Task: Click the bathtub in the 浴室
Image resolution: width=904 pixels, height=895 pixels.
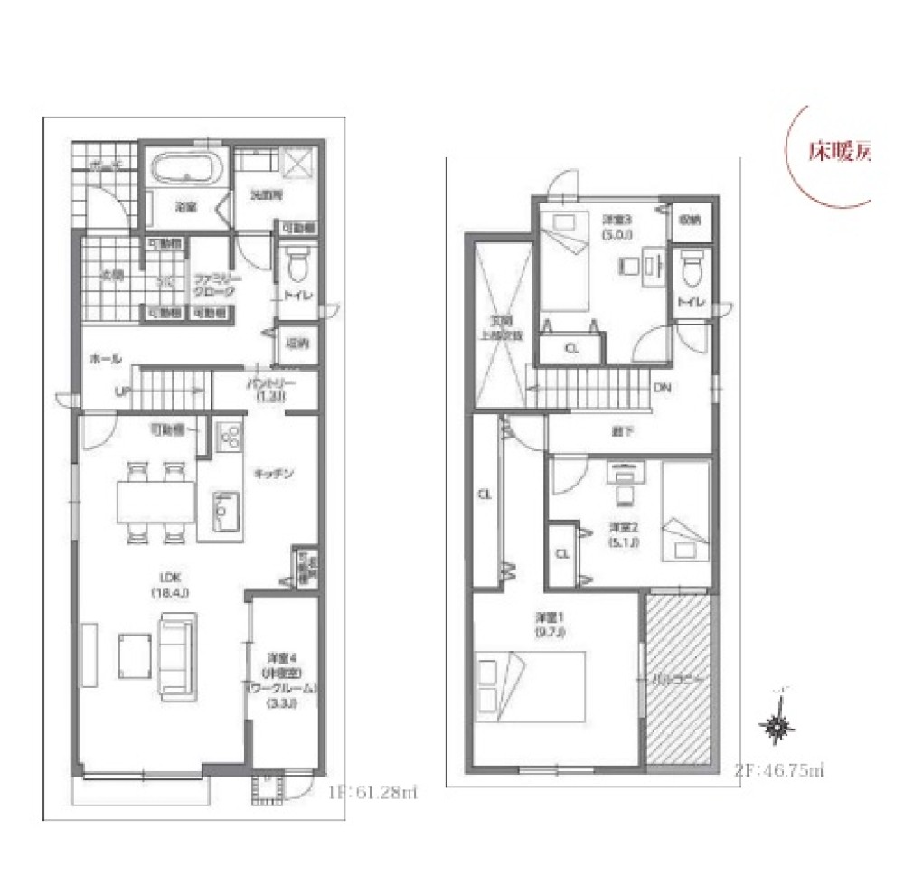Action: (188, 170)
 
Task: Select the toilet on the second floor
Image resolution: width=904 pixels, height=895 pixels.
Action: (693, 268)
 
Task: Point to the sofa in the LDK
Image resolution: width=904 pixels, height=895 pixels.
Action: (177, 655)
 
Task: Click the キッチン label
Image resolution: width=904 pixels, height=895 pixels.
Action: (271, 473)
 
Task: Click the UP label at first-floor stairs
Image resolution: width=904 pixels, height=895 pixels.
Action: (120, 391)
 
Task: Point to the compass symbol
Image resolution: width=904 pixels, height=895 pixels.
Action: (778, 724)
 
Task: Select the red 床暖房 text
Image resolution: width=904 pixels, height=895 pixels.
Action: (837, 153)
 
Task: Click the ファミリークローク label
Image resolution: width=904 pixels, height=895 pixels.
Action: (212, 286)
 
